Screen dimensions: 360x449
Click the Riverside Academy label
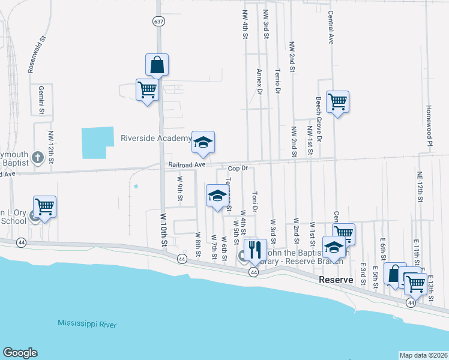coord(155,138)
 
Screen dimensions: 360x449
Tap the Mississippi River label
coord(87,324)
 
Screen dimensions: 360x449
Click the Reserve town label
coord(337,280)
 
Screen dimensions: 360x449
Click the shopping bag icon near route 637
coord(157,65)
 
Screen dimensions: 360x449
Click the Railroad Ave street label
coord(187,164)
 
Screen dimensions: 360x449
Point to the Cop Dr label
coord(238,169)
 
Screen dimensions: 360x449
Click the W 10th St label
coord(163,229)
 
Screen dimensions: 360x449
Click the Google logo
coord(20,353)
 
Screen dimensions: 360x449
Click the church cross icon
coord(37,158)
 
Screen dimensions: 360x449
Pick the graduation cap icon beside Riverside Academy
coord(203,142)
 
